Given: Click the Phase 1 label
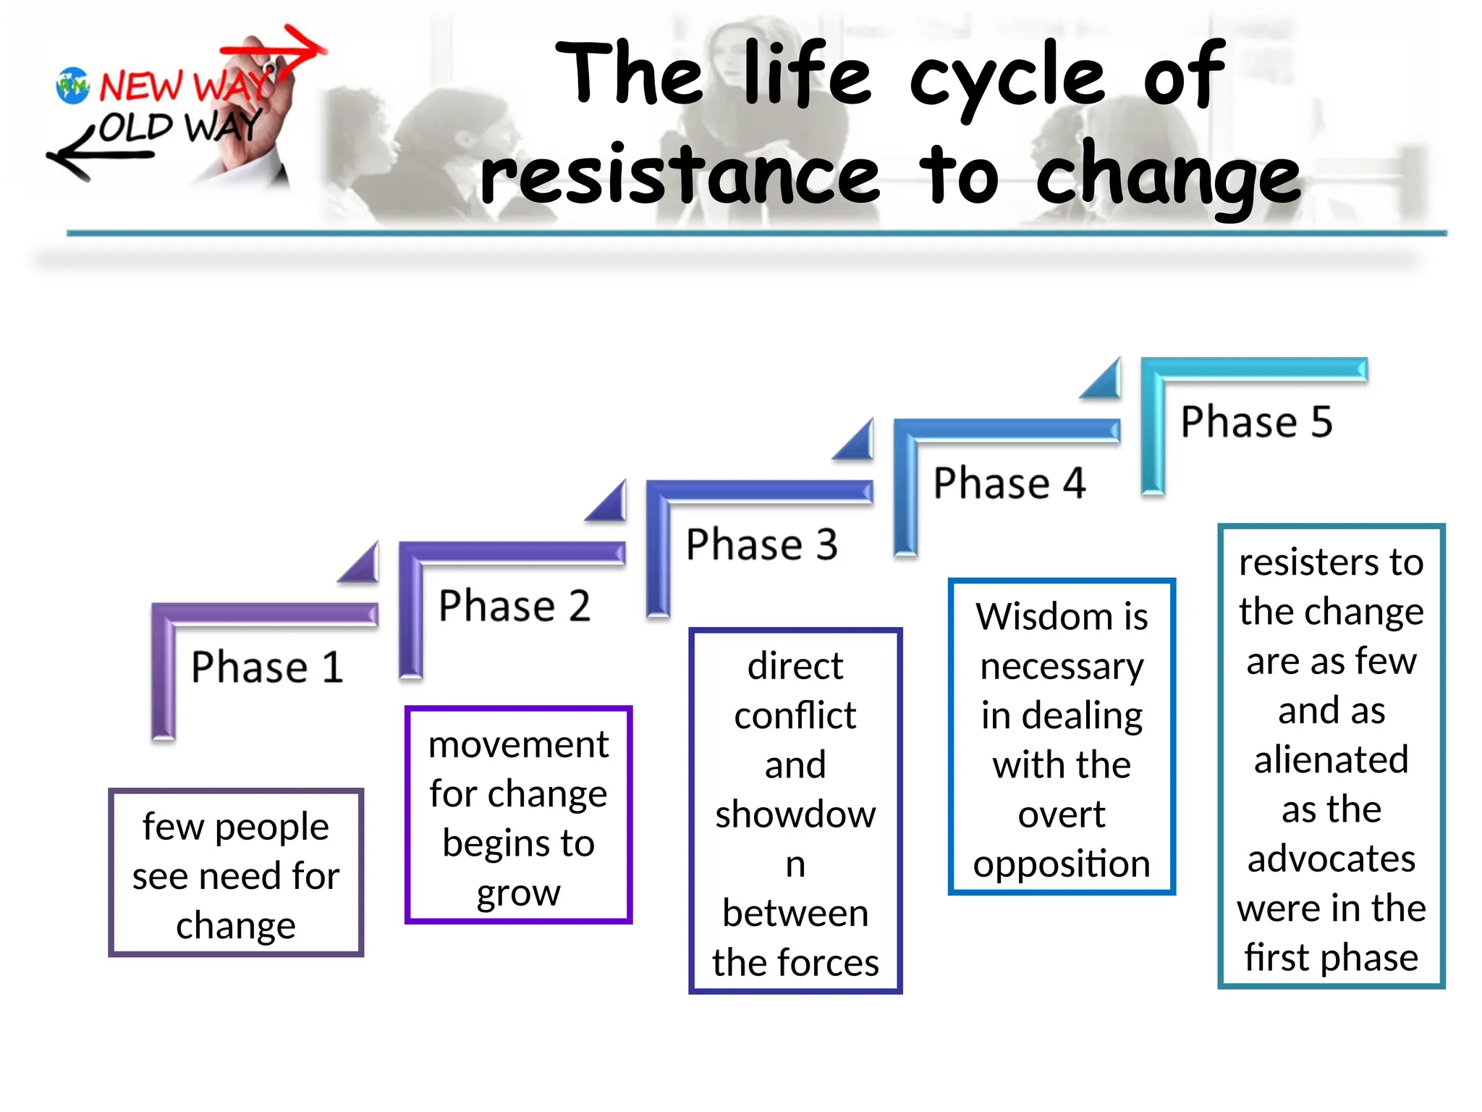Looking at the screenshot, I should click(266, 667).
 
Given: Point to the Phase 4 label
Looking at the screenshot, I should click(1009, 483).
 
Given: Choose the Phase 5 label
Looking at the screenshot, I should click(1256, 421).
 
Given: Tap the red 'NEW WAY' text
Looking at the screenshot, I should click(185, 85).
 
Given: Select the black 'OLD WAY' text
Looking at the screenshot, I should click(179, 127).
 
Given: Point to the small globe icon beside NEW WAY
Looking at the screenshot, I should click(72, 86).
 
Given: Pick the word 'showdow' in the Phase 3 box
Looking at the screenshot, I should click(795, 814).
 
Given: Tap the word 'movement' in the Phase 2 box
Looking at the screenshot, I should click(518, 745).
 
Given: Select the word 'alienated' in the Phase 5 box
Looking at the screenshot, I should click(1331, 760).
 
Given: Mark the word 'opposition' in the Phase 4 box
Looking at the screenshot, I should click(1062, 864).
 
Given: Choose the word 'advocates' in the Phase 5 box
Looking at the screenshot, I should click(1331, 859).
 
